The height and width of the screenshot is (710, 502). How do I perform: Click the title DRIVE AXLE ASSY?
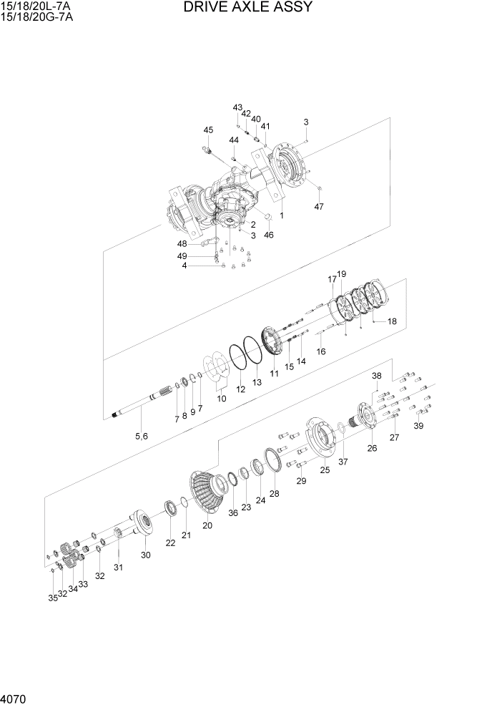pos(247,8)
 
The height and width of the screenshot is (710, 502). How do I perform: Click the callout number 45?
pos(208,130)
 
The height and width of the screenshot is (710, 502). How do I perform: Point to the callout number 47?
pos(320,207)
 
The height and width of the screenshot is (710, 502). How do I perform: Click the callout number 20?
pos(207,526)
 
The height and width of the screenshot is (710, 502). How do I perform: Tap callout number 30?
pos(146,555)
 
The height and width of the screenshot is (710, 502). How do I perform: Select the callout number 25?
pos(325,470)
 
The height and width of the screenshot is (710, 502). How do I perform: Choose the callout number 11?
pos(274,374)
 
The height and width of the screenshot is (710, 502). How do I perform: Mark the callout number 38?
pos(377,376)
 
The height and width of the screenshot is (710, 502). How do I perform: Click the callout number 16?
pos(321,351)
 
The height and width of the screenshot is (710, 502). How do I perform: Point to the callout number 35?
pos(52,598)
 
